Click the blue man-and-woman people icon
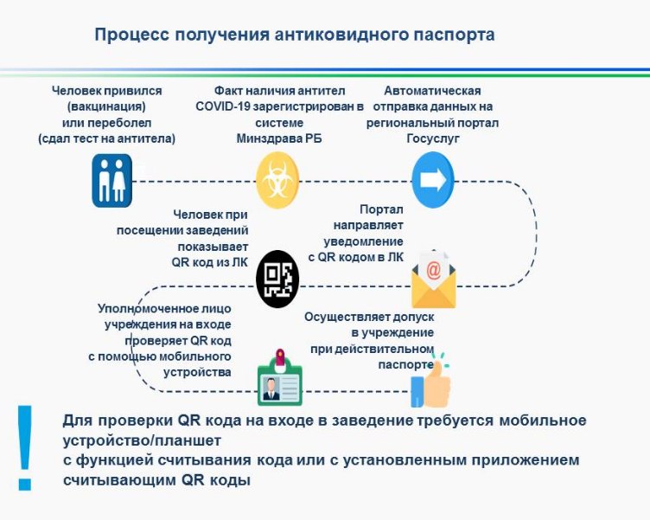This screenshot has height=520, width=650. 112,181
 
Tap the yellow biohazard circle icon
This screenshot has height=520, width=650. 277,180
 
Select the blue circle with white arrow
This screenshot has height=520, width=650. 433,180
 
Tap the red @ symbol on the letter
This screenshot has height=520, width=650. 433,271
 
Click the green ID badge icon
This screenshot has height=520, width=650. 280,377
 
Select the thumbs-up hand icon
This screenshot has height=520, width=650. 430,381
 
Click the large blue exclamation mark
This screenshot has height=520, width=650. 25,448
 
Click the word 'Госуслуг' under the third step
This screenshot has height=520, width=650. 433,138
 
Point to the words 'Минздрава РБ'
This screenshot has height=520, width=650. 279,138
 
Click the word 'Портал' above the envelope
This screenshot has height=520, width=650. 381,209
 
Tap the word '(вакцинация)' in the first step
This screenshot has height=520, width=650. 106,106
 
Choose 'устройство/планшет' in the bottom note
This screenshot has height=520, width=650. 142,440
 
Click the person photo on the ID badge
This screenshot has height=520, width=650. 271,388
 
